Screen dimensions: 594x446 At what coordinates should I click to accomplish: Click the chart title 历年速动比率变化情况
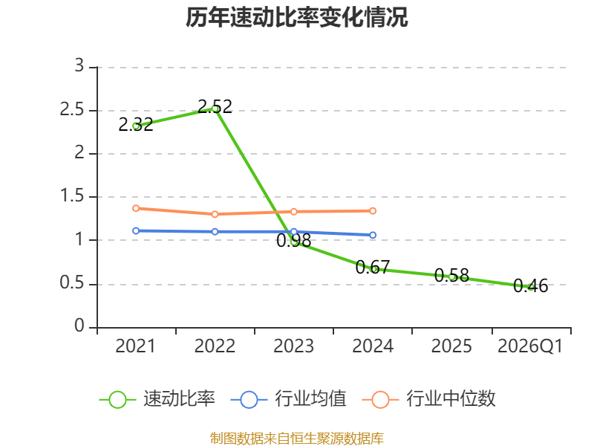point(296,17)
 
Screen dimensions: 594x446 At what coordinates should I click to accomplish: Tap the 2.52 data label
point(215,106)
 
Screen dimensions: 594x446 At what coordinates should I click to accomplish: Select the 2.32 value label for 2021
point(136,124)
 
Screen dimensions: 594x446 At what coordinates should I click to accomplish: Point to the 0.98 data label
point(293,240)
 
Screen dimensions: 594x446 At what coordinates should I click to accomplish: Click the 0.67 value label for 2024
point(373,268)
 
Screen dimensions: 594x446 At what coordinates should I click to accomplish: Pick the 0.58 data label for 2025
point(451,275)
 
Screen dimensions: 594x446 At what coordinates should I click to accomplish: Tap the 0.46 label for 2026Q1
point(531,286)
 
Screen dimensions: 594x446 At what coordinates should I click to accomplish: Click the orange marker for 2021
point(136,208)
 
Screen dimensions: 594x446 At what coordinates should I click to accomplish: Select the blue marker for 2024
point(373,235)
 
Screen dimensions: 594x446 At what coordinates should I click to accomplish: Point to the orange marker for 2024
point(373,211)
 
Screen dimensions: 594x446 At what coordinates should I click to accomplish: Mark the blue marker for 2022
point(215,231)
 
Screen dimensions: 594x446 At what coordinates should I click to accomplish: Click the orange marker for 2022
point(215,214)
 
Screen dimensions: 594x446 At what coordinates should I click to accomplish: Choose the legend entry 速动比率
point(157,399)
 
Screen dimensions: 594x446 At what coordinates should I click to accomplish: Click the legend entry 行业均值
point(288,399)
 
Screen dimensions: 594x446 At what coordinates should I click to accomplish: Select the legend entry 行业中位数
point(429,399)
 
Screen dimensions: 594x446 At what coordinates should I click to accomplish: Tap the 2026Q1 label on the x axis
point(530,346)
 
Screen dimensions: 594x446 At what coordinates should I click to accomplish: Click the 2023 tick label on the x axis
point(293,346)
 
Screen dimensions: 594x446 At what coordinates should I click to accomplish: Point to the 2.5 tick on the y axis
point(72,110)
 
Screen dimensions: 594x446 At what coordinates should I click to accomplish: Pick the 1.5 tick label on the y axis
point(72,196)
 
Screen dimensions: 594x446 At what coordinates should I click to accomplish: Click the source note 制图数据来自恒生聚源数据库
point(297,439)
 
